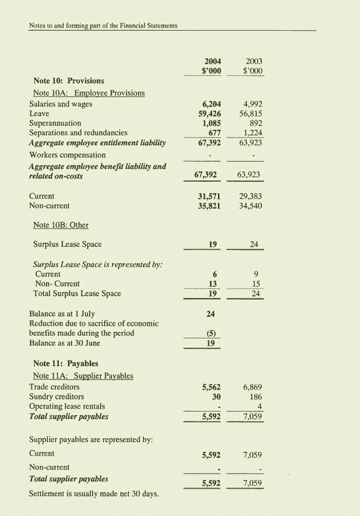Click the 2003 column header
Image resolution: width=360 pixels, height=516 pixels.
pos(253,60)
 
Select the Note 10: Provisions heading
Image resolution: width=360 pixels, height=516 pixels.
pos(69,81)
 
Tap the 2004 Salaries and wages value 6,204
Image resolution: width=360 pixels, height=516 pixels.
pos(207,103)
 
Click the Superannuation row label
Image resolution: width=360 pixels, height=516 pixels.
pos(56,122)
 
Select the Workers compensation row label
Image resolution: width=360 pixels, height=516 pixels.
pos(67,155)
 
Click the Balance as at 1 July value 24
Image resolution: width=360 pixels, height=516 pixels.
pos(211,314)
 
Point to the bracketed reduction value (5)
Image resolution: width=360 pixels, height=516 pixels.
pos(211,333)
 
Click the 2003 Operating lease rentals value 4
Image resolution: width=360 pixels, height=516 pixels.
pos(260,406)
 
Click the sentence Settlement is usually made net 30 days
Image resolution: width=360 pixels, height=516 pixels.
pos(94,493)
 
